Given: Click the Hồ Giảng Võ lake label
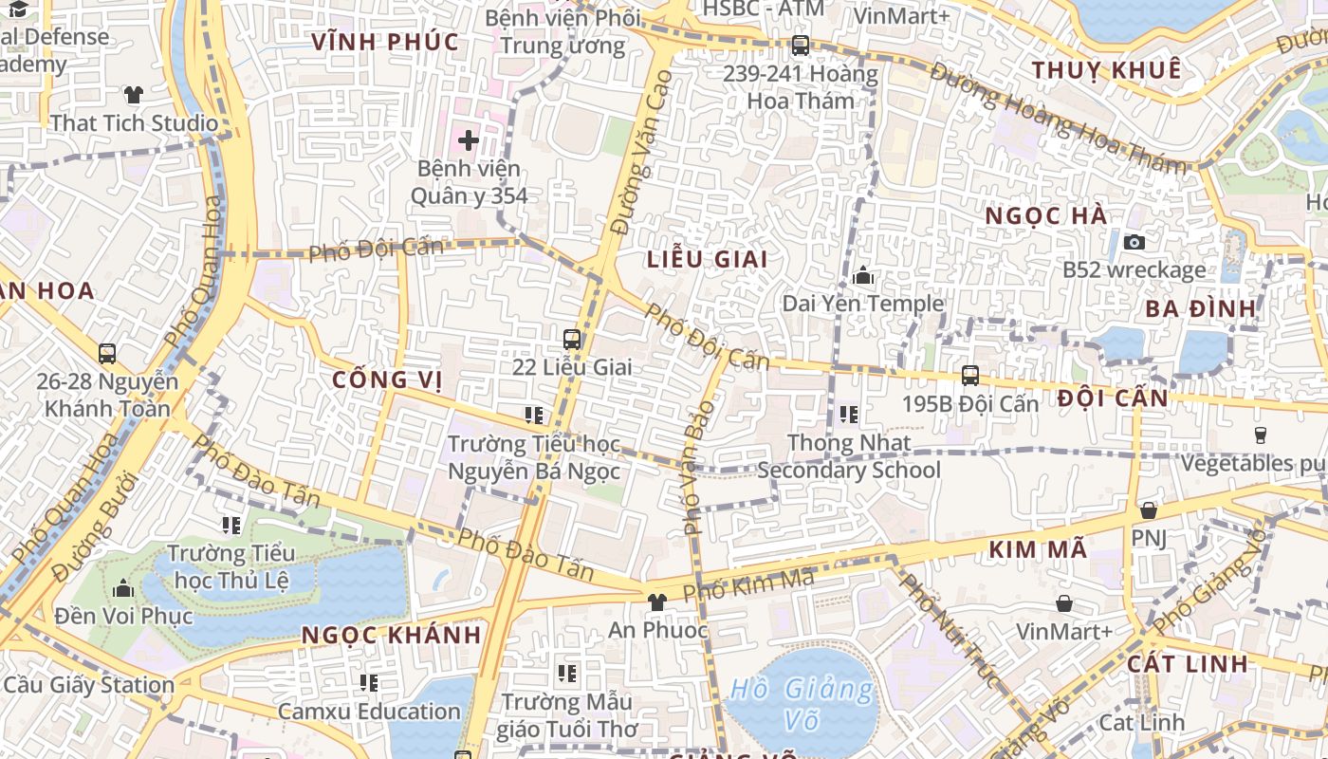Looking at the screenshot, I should (x=802, y=704).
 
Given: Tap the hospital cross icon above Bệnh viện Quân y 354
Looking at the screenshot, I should (x=469, y=140).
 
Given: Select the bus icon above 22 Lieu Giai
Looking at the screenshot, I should (x=572, y=339).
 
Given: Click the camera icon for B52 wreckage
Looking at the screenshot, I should (x=1134, y=242).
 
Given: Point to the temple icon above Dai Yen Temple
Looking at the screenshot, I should (x=863, y=276).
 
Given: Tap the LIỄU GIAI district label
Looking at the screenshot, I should (x=707, y=259).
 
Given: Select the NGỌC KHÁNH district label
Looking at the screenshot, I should (x=392, y=635).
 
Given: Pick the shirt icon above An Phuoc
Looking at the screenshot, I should (x=656, y=602).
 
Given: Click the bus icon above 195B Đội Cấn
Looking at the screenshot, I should (x=969, y=376).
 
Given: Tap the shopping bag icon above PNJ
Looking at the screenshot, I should (x=1149, y=510).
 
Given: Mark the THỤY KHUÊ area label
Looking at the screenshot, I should (x=1107, y=70).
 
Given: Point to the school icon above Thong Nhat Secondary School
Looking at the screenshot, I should (x=849, y=415).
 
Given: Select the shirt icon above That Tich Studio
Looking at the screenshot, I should (x=134, y=95).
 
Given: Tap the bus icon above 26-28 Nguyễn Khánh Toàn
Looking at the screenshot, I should (x=107, y=354).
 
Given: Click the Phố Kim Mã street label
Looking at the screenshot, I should (x=748, y=583).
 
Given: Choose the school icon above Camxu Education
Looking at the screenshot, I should (x=369, y=682).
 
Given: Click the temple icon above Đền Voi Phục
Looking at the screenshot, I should (x=123, y=589).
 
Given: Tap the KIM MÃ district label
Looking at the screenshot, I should (x=1038, y=549).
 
